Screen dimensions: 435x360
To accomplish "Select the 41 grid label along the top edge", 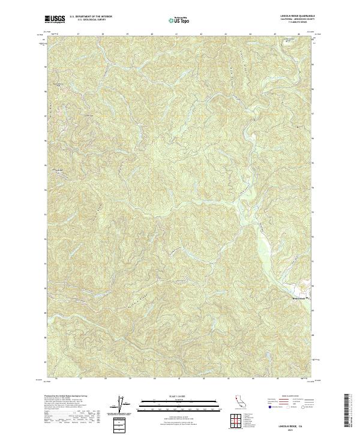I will [x=176, y=34].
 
